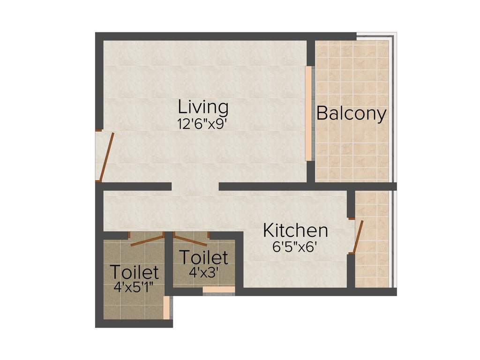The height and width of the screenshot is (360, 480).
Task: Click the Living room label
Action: [203, 107]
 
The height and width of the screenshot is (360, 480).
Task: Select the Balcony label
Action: [352, 113]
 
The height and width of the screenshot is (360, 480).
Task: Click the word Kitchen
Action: [295, 231]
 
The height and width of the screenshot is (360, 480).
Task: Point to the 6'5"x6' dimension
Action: [295, 247]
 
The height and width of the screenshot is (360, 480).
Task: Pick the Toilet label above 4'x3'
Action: [204, 257]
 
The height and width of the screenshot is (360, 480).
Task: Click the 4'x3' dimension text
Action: [204, 272]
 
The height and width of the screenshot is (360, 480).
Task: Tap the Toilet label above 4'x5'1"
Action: [134, 272]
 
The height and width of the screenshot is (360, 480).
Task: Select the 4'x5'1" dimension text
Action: [134, 287]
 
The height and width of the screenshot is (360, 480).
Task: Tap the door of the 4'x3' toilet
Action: [190, 240]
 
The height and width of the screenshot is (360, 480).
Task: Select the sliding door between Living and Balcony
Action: [308, 113]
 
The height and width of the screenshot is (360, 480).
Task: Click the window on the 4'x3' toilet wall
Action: [218, 290]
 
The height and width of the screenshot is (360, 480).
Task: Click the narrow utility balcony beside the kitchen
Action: [373, 239]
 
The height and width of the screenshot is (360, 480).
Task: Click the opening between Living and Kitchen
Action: [195, 187]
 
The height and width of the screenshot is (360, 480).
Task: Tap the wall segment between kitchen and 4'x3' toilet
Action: [239, 262]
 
